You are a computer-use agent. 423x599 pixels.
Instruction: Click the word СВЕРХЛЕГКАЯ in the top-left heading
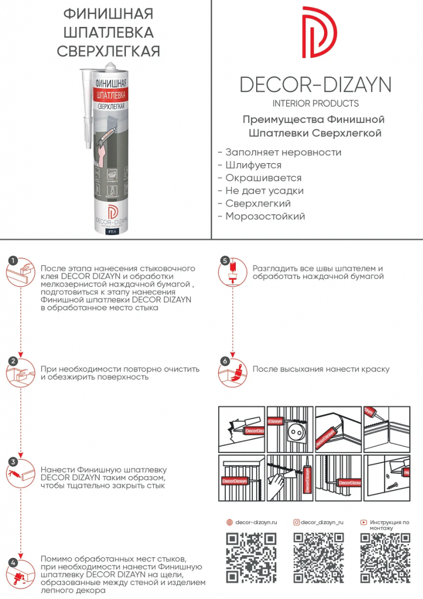[x=109, y=51]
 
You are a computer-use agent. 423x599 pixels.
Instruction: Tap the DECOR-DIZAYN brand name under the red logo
[x=316, y=85]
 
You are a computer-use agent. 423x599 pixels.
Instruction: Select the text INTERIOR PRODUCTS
[x=316, y=104]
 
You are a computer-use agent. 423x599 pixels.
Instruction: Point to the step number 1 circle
[x=13, y=261]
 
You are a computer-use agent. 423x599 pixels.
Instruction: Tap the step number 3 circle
[x=13, y=462]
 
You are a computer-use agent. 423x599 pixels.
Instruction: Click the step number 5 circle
[x=225, y=260]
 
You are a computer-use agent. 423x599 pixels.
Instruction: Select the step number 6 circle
[x=225, y=361]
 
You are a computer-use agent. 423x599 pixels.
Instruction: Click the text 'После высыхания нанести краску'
[x=321, y=369]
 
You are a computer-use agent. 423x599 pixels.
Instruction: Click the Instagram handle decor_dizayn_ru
[x=321, y=522]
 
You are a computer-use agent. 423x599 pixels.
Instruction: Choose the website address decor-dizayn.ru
[x=256, y=522]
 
